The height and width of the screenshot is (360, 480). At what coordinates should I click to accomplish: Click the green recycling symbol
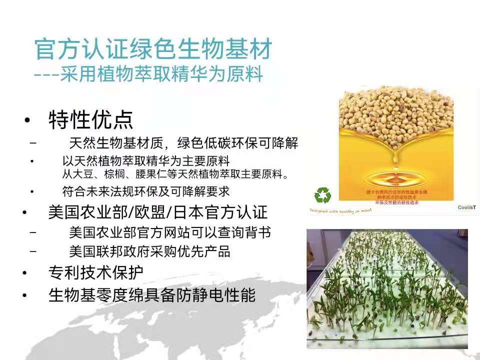point(322,195)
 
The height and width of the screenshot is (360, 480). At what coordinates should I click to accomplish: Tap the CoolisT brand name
point(466,207)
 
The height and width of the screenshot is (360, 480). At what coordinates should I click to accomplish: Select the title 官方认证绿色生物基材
point(153,49)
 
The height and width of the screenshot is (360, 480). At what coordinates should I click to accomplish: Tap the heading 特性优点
point(91,120)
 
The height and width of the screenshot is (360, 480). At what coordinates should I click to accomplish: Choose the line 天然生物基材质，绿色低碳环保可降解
point(183,144)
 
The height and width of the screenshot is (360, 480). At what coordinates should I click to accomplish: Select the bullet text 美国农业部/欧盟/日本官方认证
point(158,212)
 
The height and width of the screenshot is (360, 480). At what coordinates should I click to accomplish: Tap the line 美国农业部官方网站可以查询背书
point(170,233)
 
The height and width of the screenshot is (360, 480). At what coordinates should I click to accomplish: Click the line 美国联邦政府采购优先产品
point(150,251)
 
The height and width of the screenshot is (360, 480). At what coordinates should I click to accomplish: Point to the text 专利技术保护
point(96,272)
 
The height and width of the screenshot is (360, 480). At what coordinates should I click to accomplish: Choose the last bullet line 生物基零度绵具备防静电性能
point(152,295)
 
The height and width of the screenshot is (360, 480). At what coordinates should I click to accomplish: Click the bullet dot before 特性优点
point(27,120)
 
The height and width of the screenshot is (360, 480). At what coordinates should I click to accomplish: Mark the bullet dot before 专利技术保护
point(24,273)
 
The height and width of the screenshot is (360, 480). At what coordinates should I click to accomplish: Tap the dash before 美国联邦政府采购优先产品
point(33,251)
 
